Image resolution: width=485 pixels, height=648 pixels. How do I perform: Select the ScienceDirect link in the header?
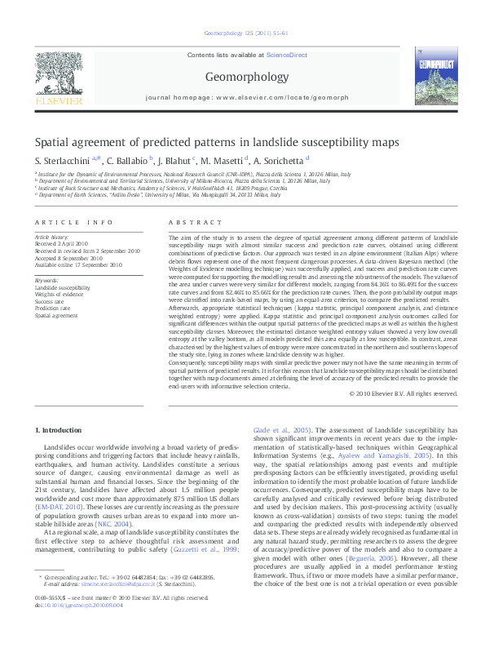[x=285, y=55]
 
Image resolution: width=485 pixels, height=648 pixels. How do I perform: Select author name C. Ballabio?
[x=127, y=161]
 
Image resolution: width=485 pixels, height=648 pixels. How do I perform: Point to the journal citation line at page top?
[x=242, y=33]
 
